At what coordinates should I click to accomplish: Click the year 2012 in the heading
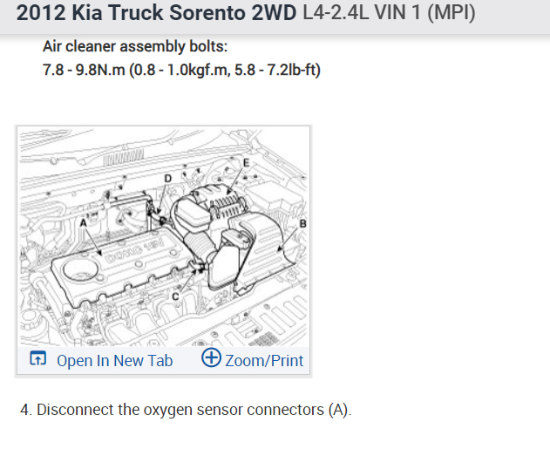point(41,12)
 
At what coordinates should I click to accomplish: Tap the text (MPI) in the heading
point(452,12)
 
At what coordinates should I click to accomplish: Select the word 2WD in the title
point(274,12)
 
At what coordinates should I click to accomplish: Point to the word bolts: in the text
point(208,46)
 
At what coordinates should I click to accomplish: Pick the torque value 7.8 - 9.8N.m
point(84,70)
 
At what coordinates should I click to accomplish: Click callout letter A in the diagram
point(83,223)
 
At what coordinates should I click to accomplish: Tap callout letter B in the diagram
point(302,223)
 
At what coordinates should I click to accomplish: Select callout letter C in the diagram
point(176,296)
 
